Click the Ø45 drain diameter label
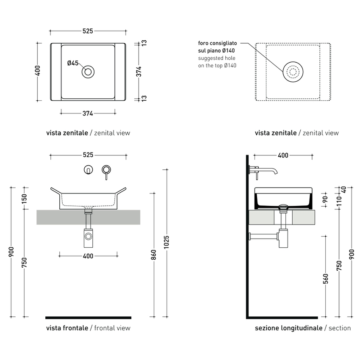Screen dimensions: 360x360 73,63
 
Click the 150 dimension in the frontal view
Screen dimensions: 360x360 24,198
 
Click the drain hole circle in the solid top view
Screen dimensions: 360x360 88,72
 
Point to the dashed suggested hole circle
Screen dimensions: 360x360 292,72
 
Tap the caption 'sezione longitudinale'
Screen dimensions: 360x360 288,328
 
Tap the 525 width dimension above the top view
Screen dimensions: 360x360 88,31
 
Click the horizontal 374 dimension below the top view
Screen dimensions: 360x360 88,113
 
